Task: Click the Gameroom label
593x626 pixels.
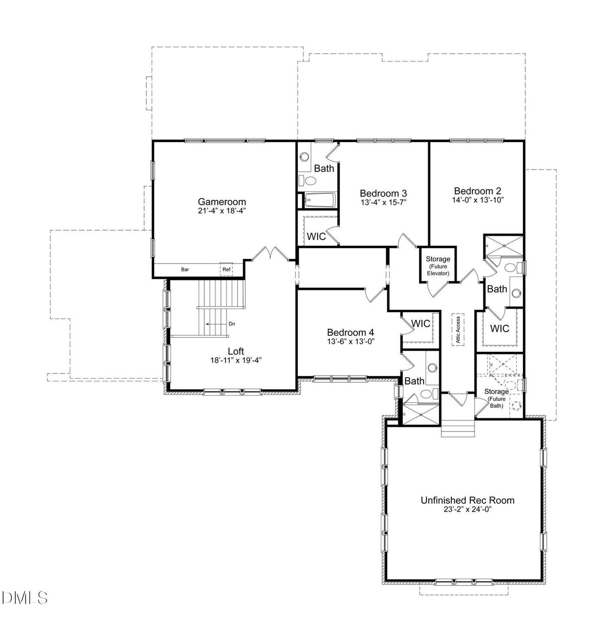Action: click(222, 202)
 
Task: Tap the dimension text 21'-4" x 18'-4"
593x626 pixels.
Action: click(222, 210)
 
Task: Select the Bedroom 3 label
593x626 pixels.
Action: click(383, 193)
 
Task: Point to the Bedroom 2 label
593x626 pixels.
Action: click(477, 191)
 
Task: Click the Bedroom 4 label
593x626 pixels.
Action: click(350, 332)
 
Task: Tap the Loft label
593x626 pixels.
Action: click(235, 351)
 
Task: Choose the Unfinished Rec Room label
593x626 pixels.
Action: click(467, 500)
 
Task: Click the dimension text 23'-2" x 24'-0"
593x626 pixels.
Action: click(467, 509)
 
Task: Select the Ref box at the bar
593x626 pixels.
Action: click(226, 269)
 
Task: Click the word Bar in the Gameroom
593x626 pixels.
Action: click(185, 269)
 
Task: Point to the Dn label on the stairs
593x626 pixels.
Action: click(231, 324)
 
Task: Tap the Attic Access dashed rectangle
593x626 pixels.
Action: click(458, 330)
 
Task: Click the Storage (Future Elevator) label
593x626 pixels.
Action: click(438, 266)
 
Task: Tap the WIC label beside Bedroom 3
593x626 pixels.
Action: click(316, 236)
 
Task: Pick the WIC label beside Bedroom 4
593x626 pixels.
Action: click(421, 323)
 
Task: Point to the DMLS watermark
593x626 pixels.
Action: click(25, 597)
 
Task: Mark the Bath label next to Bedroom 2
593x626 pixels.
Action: click(497, 289)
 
